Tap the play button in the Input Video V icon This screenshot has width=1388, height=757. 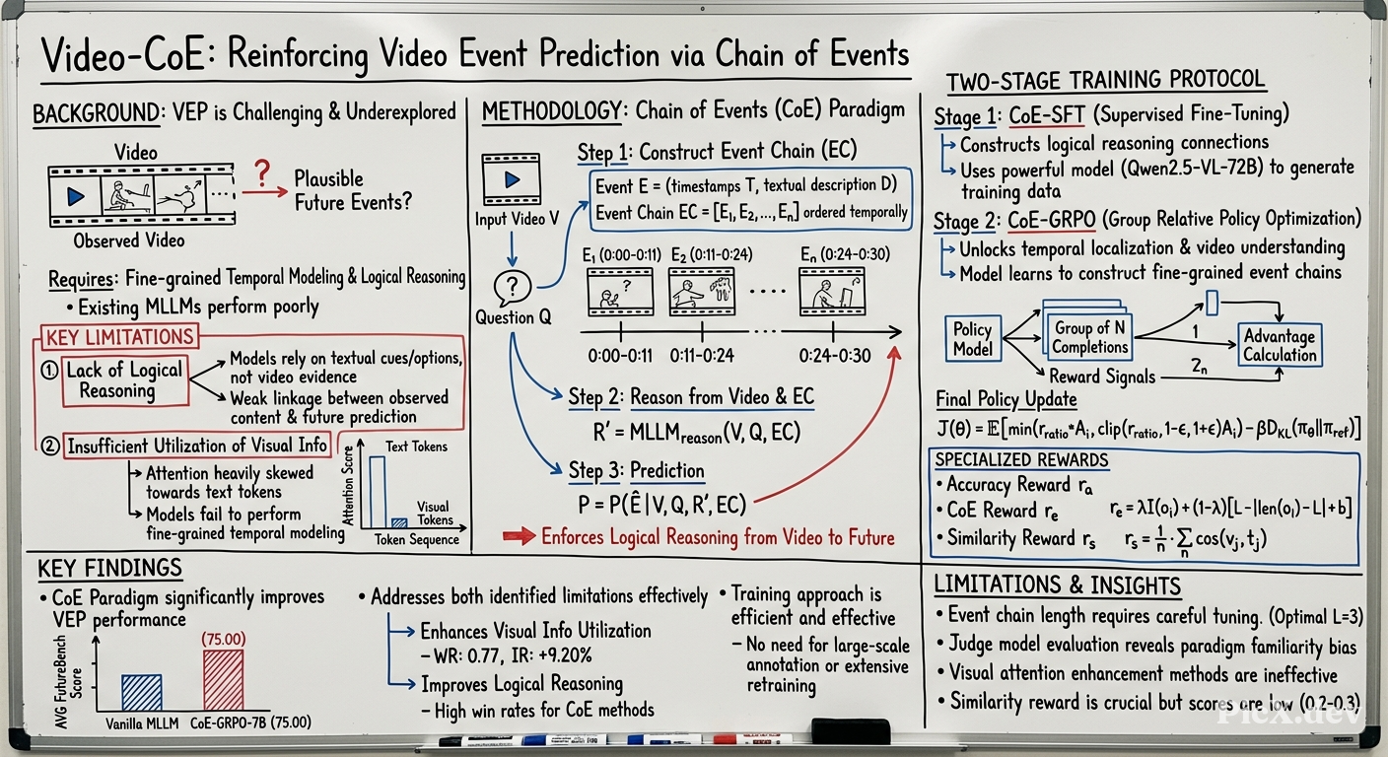(512, 179)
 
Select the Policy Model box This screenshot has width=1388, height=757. (973, 338)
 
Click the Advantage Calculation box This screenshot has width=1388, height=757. (1279, 345)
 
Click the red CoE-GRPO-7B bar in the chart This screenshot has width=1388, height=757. (224, 679)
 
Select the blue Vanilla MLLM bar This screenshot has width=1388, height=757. (142, 692)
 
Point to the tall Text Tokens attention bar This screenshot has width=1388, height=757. (378, 491)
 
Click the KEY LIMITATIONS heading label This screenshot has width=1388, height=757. (119, 337)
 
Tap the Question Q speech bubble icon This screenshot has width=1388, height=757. (513, 288)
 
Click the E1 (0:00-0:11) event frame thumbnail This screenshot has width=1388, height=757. (620, 292)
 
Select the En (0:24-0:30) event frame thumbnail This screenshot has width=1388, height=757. (832, 292)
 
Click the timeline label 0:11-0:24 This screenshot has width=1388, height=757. (702, 356)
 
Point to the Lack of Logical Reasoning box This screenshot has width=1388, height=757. (125, 381)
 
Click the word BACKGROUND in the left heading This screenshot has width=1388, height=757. (96, 113)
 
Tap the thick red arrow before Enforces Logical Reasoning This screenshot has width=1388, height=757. (520, 536)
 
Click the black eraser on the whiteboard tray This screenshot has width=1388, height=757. (851, 731)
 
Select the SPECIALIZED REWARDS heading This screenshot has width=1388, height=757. (1022, 459)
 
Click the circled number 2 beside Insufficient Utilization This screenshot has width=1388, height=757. (49, 446)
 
